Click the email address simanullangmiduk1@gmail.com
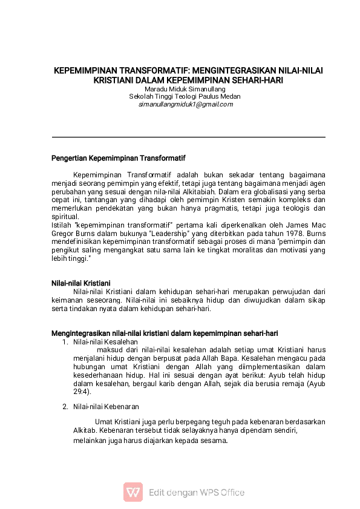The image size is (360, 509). click(185, 104)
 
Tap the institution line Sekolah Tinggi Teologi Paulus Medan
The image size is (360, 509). click(185, 96)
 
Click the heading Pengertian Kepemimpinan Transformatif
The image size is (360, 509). click(118, 159)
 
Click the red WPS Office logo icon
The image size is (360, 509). click(133, 491)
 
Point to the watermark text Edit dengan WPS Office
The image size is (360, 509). click(197, 492)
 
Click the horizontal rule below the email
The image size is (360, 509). click(188, 137)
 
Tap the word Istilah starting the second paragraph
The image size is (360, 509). click(62, 223)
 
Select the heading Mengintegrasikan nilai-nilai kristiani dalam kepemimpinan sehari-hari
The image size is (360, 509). click(165, 333)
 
